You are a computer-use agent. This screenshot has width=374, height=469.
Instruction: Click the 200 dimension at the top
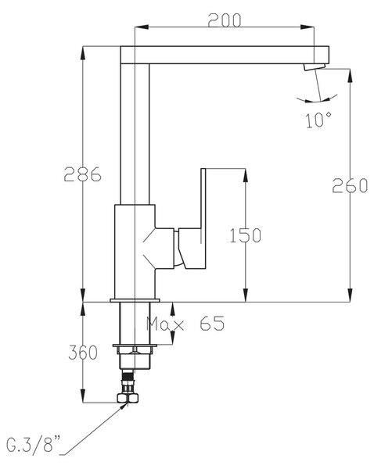coord(225,20)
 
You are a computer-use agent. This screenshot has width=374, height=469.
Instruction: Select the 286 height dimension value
coord(83,174)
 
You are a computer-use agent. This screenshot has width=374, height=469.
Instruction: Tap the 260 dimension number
coord(350,185)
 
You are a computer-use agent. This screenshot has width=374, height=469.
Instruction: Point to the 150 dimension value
coord(246,235)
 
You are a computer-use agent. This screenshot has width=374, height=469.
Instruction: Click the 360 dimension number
coord(83,353)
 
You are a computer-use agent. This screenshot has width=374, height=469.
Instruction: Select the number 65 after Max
coord(212,324)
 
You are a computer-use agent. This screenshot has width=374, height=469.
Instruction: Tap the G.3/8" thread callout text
coord(33,445)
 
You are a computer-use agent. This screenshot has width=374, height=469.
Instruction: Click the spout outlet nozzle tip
coord(315,67)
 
